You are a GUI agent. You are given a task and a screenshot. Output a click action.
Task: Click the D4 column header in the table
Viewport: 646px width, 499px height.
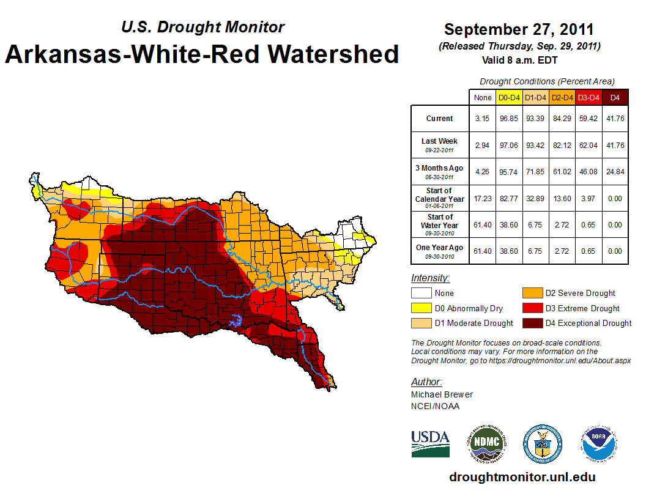pos(615,97)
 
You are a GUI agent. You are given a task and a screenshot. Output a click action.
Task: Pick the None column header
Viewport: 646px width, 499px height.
pos(482,97)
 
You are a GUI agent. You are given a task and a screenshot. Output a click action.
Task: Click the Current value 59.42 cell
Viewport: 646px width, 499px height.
pos(587,119)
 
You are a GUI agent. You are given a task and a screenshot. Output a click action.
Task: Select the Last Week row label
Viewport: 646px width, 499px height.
pos(439,144)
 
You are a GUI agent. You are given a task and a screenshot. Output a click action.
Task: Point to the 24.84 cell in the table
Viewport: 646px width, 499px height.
pos(615,172)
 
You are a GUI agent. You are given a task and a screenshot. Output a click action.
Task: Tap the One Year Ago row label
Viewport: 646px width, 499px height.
pos(439,251)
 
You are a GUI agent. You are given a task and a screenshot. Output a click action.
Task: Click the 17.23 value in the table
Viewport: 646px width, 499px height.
pos(482,198)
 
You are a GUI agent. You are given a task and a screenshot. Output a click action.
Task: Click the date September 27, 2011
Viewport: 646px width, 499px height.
pos(519,29)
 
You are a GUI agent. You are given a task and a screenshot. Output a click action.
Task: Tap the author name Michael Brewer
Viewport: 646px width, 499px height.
pos(442,394)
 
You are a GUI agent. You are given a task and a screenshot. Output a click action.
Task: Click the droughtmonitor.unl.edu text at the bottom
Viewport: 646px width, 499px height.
pos(522,477)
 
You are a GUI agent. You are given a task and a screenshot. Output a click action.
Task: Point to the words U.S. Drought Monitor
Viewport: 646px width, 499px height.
pos(202,27)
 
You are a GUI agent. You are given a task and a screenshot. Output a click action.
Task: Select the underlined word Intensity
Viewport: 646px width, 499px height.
pos(430,278)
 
